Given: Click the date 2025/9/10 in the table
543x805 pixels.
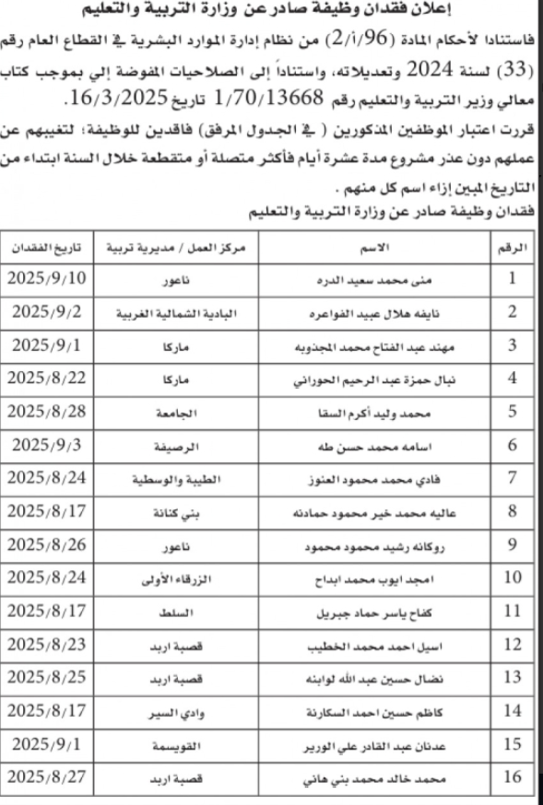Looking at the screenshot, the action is (49, 277).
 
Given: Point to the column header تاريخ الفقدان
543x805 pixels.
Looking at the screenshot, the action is (49, 247).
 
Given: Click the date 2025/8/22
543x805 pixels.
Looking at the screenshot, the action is (49, 379).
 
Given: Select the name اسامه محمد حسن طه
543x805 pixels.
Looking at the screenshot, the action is (378, 446).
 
